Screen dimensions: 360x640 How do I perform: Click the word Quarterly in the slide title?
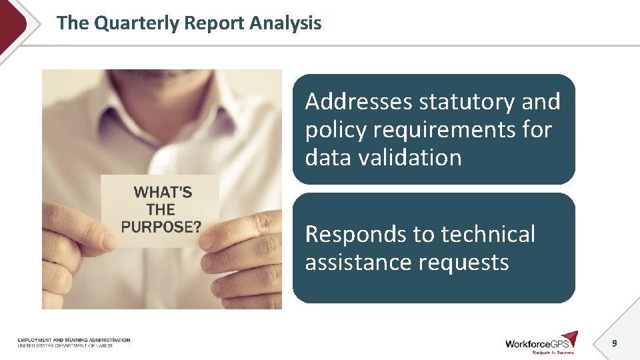(137, 23)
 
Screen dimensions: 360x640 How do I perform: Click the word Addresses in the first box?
(359, 102)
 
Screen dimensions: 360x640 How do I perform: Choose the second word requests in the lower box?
(466, 263)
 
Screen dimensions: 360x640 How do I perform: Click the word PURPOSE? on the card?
(161, 226)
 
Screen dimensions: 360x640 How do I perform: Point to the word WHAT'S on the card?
(163, 193)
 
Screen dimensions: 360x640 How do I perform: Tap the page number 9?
(615, 343)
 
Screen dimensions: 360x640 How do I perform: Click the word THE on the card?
(161, 209)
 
